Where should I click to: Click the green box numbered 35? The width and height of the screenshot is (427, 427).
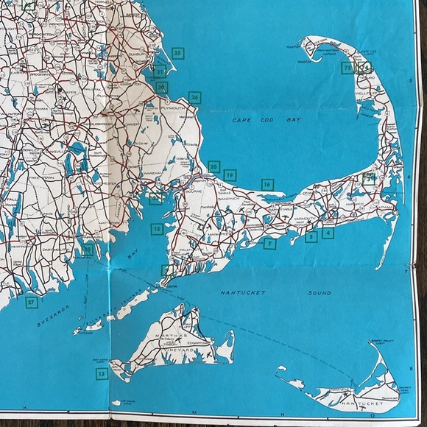point(177,52)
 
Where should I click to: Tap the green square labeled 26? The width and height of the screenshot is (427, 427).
point(194,96)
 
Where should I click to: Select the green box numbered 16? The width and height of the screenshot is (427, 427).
point(267,184)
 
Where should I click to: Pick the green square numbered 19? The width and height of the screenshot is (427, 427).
point(230,175)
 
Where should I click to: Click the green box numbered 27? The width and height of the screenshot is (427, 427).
point(32,302)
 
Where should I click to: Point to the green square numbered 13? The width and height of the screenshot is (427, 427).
point(102,374)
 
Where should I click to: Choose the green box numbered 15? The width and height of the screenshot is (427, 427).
point(157,230)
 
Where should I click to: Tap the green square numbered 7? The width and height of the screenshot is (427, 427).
point(270,244)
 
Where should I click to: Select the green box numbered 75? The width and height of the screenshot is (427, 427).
point(347,68)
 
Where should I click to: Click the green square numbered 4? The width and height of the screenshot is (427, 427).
point(328,233)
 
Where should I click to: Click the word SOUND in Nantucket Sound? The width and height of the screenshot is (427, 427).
point(318,293)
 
